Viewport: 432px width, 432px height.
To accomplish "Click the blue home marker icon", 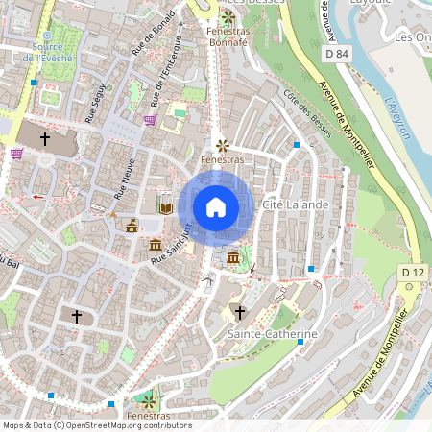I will pos(216,207).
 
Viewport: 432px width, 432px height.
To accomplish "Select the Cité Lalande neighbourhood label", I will pos(302,205).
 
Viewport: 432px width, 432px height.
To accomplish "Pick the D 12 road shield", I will pos(412,274).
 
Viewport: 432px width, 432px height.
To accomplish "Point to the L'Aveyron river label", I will pos(395,119).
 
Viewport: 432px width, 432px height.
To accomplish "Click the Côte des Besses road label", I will pos(307,112).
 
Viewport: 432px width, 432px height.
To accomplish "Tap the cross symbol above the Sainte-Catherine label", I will pos(239,314).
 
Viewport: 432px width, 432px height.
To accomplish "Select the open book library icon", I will pos(165,207).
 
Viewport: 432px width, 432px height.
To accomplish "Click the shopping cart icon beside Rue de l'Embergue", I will pos(150,120).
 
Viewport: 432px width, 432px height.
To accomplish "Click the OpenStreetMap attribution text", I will pos(97,425).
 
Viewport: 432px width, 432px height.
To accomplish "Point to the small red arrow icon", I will pos(39,196).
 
